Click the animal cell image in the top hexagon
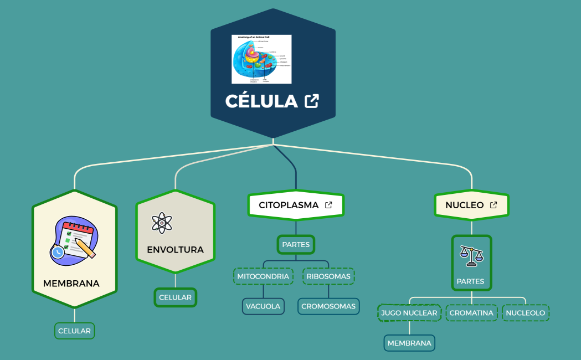[261, 59]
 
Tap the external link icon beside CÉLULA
[312, 101]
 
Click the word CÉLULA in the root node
[261, 101]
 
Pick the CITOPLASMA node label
[289, 205]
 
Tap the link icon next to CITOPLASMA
[328, 205]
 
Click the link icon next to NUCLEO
[493, 205]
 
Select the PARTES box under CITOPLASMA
[296, 244]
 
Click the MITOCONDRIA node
[263, 276]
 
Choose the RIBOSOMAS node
[328, 276]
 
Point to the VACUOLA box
[263, 306]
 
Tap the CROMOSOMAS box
[328, 306]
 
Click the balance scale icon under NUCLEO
[471, 255]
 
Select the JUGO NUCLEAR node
[409, 313]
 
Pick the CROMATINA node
[471, 313]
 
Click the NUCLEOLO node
[526, 313]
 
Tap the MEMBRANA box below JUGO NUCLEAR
[409, 343]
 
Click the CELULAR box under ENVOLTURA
[175, 297]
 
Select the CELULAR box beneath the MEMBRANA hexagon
[74, 331]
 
